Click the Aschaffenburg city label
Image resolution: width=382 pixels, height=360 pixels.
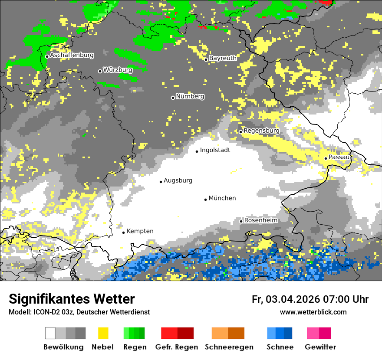[x=72, y=56]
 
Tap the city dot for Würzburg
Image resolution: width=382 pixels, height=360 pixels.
[x=100, y=71]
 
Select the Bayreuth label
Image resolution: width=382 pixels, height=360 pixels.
[x=223, y=58]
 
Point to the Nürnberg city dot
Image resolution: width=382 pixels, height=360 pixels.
[x=173, y=98]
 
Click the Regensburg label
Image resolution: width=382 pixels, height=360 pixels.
[x=261, y=131]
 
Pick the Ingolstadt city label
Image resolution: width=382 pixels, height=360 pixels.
[x=215, y=150]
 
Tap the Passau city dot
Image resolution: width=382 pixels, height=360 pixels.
[x=326, y=158]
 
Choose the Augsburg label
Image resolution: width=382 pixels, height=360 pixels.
[x=178, y=180]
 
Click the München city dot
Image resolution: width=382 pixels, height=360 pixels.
[x=206, y=200]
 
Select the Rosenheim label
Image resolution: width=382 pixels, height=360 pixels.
[x=261, y=220]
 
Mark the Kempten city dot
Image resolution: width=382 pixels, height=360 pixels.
[x=123, y=232]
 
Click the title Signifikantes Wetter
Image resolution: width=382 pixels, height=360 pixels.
[x=72, y=299]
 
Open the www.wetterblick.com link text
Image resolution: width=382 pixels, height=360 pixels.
[x=313, y=312]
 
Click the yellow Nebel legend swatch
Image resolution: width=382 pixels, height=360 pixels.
[x=103, y=333]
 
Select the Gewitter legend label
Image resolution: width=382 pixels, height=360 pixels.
[x=320, y=347]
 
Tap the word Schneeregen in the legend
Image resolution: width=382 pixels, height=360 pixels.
[x=229, y=347]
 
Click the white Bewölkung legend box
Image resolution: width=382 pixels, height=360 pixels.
[x=50, y=333]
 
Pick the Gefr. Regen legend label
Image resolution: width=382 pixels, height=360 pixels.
[x=177, y=347]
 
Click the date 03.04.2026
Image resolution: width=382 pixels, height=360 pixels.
[x=293, y=299]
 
